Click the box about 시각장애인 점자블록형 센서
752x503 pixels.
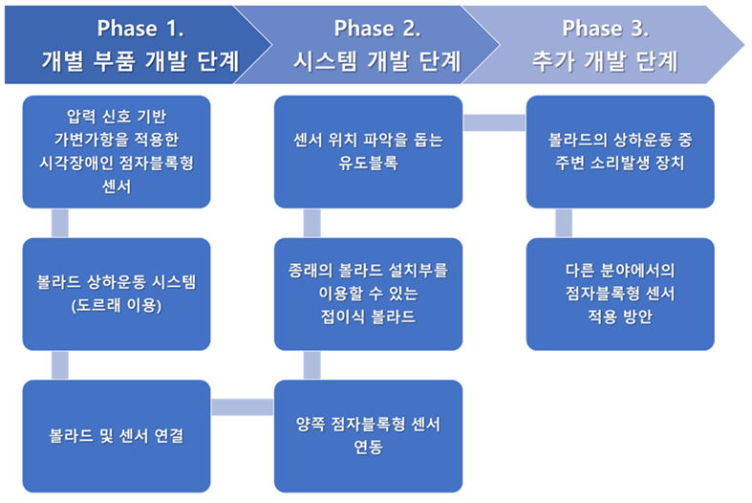116,151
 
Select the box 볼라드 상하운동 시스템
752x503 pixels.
116,293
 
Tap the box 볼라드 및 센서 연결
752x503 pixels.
116,436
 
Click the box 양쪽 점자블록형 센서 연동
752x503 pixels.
368,436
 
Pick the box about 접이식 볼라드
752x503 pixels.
368,293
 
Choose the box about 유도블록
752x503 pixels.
368,151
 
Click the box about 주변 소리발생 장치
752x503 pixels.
620,151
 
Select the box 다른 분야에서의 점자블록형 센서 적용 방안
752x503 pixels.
620,293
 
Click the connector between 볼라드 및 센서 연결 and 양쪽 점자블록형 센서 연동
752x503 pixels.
242,407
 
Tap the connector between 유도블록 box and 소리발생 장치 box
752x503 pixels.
494,121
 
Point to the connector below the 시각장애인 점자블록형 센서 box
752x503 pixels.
59,223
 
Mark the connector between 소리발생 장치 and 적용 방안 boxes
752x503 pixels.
564,223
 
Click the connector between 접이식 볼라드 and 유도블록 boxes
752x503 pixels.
312,223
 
